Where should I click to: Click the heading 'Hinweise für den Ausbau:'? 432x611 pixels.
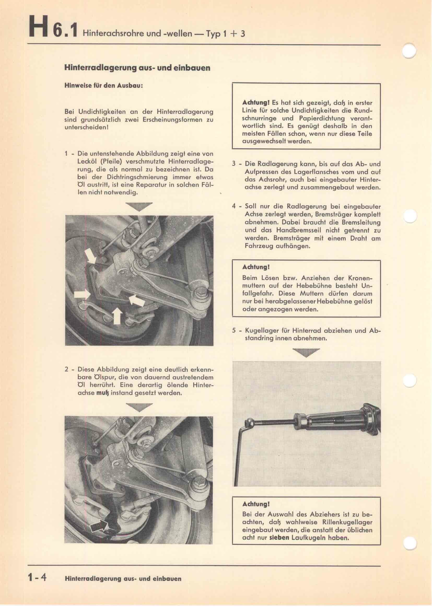tap(104, 86)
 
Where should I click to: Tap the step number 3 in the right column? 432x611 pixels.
tap(234, 164)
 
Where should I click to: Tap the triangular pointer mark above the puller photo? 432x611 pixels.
tap(306, 352)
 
